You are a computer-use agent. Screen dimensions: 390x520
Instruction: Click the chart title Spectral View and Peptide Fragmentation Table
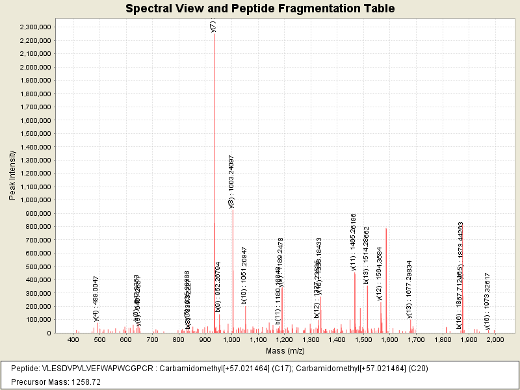coord(260,8)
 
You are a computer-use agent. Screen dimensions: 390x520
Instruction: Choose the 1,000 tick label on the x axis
coord(231,339)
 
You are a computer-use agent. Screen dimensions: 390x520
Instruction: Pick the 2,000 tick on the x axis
coord(495,339)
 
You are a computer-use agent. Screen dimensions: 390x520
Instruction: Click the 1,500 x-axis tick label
coord(363,339)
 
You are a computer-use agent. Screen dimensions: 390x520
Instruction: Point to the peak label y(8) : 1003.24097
coord(232,181)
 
